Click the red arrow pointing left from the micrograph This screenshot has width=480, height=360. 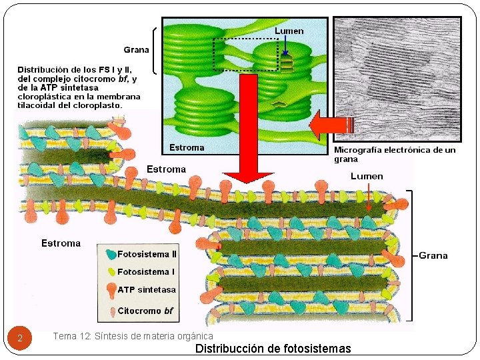pyautogui.click(x=329, y=125)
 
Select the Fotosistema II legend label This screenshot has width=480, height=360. pyautogui.click(x=147, y=254)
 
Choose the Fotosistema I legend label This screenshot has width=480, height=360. pyautogui.click(x=145, y=272)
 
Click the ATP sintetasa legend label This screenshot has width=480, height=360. pyautogui.click(x=147, y=290)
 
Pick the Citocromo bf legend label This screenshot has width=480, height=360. pyautogui.click(x=145, y=311)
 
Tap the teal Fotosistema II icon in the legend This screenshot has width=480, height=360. pyautogui.click(x=110, y=254)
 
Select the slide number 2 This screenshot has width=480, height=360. pyautogui.click(x=20, y=339)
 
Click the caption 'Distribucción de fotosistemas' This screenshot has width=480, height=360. pyautogui.click(x=273, y=349)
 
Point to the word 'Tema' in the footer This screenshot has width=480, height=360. pyautogui.click(x=64, y=337)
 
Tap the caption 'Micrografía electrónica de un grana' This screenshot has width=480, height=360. pyautogui.click(x=395, y=155)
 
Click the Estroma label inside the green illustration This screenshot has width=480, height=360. pyautogui.click(x=187, y=147)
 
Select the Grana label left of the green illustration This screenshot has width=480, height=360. pyautogui.click(x=136, y=50)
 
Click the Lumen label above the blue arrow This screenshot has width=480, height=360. pyautogui.click(x=289, y=31)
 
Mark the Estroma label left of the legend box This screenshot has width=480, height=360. pyautogui.click(x=61, y=243)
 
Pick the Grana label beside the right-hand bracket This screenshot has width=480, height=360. pyautogui.click(x=433, y=255)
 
